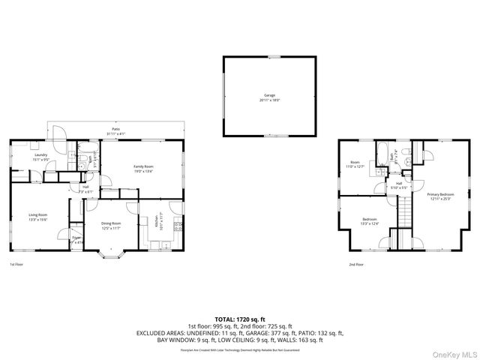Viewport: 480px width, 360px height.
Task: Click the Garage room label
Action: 269,96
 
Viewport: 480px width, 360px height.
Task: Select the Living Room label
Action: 38,216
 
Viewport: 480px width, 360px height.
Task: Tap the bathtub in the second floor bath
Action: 379,155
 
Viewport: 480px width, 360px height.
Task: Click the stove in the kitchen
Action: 178,226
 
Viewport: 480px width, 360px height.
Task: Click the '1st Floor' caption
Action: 16,265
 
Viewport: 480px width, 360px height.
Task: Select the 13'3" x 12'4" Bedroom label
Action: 370,220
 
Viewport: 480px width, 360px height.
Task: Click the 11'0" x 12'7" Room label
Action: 355,163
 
